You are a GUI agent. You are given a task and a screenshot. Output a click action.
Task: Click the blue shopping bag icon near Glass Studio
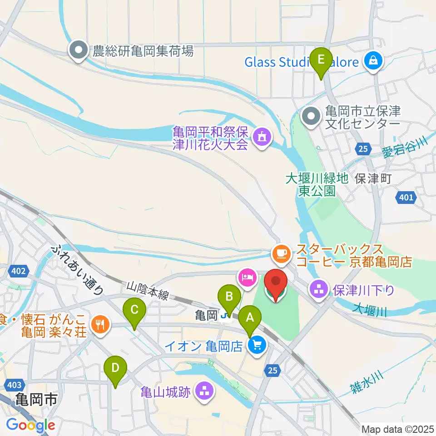click(373, 61)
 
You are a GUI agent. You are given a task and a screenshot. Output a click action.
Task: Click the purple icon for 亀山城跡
click(204, 391)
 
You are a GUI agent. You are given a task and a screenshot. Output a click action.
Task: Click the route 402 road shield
click(19, 271)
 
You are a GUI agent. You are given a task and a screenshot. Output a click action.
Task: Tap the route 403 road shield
click(14, 385)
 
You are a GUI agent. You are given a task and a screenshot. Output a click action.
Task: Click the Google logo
click(30, 426)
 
